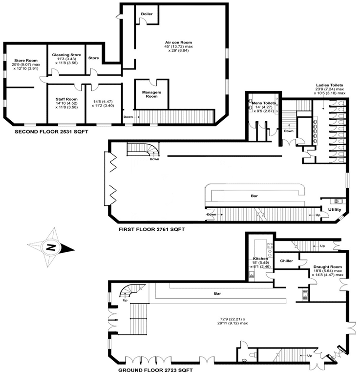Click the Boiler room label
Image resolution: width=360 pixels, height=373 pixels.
147,14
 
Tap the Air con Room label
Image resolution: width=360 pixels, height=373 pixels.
178,43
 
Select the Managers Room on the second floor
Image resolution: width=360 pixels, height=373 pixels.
151,94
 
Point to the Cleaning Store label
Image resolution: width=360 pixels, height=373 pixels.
66,55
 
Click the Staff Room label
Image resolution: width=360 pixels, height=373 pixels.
66,99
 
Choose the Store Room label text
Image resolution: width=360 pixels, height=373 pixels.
26,61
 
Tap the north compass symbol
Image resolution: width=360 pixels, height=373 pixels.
51,248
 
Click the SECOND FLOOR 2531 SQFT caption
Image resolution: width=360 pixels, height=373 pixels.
51,132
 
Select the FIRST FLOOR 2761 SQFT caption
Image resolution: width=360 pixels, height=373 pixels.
151,229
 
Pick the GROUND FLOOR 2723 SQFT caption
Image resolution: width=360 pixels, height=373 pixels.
155,370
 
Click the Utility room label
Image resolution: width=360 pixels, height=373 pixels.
335,210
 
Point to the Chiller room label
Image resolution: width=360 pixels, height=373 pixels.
286,261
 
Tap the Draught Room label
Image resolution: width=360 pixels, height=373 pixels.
327,267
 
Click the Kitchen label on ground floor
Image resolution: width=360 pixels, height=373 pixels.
260,259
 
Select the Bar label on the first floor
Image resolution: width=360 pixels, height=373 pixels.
254,196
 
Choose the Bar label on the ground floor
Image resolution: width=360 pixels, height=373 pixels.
217,293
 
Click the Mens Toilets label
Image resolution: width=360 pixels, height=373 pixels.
264,103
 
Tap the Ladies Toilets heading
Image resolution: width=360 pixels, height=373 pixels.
330,85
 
